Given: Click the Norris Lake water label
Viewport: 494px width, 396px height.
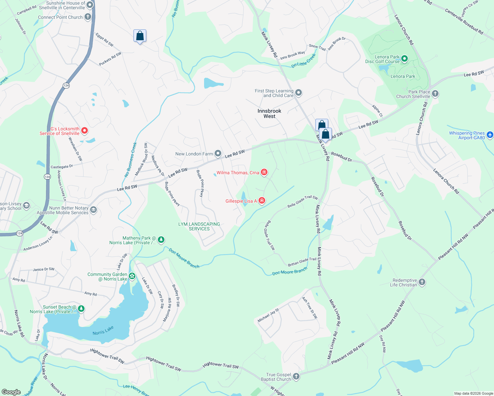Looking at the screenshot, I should [x=103, y=330].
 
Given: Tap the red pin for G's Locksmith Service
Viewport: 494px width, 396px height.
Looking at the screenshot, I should [x=84, y=131].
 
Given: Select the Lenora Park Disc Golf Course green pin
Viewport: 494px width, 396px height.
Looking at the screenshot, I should [x=405, y=59].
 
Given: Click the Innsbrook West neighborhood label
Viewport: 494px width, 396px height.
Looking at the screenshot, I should [x=269, y=114].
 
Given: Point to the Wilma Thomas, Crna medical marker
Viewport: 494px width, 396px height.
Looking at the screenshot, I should [x=264, y=172].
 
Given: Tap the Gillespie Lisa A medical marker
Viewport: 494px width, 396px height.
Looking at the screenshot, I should [x=262, y=200].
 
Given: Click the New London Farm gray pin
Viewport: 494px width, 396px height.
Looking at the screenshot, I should [x=218, y=153].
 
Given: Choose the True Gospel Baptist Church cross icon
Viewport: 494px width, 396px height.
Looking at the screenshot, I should [x=296, y=376].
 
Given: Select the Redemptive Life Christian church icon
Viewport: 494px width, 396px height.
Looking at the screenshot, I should [x=422, y=282].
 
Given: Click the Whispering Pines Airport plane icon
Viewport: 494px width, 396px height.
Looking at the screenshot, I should [x=490, y=135].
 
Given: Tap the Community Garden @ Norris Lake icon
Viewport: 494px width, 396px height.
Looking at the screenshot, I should [x=132, y=276].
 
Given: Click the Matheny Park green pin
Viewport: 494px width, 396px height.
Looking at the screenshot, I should [x=161, y=240].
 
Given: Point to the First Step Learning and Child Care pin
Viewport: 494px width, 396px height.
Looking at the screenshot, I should [x=299, y=93].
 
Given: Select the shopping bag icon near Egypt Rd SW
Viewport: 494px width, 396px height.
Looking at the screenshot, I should [x=140, y=36].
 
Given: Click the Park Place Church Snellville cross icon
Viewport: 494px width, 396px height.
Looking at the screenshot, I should [x=435, y=94].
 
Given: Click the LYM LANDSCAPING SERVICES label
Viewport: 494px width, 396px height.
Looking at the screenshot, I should [x=199, y=226].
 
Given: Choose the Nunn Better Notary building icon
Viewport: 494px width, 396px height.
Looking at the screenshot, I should [x=93, y=210].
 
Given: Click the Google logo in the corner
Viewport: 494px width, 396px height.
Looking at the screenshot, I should [x=11, y=392].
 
